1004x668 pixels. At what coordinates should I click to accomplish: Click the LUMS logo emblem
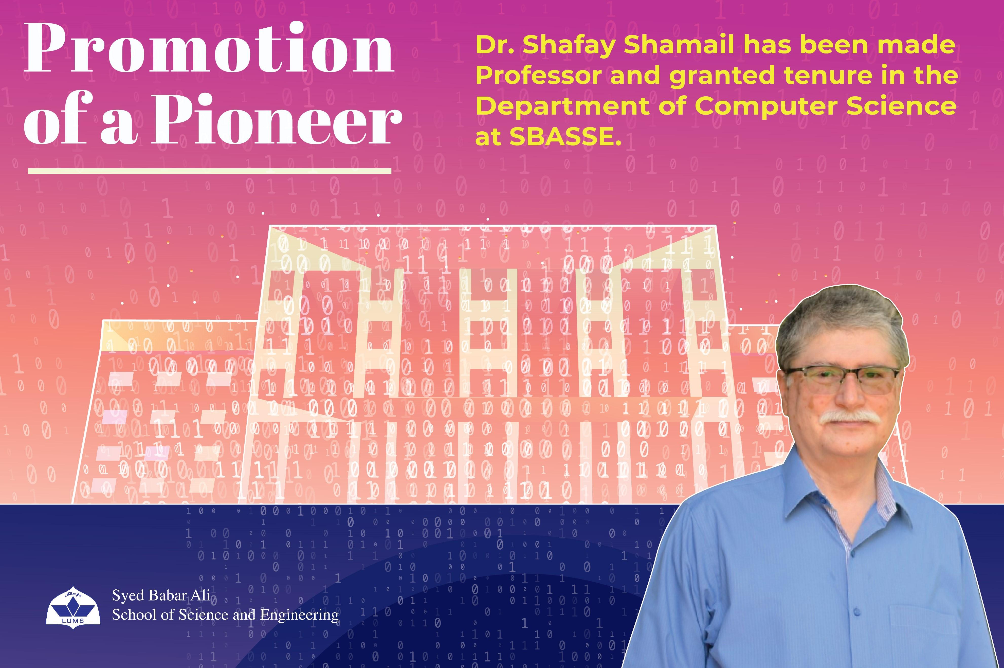(x=73, y=605)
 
